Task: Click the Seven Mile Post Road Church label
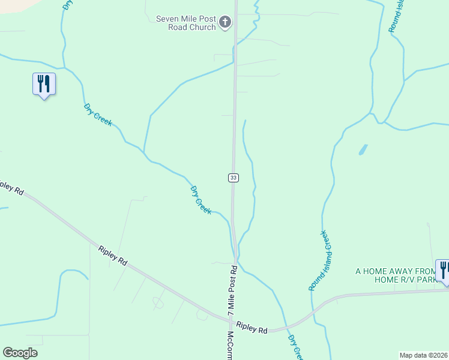185,23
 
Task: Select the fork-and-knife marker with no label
43,83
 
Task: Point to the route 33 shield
234,178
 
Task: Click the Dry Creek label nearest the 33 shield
201,200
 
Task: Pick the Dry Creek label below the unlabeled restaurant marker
98,114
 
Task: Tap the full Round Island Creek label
321,261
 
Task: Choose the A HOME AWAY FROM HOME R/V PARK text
396,275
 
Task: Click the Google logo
20,353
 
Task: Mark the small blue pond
363,149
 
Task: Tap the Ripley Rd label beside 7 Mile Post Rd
252,328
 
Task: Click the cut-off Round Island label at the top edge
396,15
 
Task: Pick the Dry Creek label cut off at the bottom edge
295,348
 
